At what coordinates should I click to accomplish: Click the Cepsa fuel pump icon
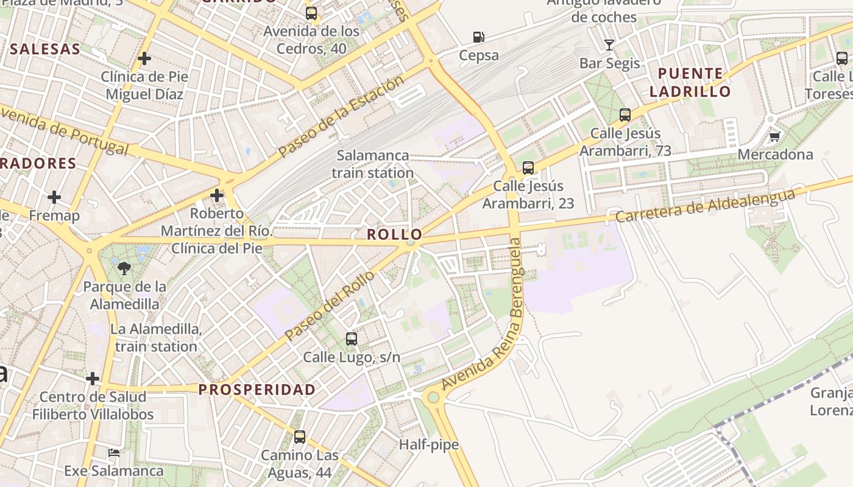pos(479,37)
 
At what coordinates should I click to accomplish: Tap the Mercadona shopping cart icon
pos(774,136)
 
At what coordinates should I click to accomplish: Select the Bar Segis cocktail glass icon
pos(609,44)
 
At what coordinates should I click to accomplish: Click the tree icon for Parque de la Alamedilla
pos(124,268)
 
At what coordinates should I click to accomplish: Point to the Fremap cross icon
pos(54,197)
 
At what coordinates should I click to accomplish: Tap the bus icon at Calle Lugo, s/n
pos(352,339)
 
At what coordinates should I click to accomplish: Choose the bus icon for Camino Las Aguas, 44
pos(300,436)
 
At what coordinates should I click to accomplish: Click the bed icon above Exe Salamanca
pos(114,452)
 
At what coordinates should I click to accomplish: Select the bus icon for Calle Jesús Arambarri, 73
pos(625,114)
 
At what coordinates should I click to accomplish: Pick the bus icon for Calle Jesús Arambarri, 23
pos(528,167)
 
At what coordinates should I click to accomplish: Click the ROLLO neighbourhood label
pos(394,234)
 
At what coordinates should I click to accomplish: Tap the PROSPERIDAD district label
pos(257,390)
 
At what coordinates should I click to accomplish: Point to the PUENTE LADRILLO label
pos(690,83)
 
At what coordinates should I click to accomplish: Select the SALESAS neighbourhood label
pos(45,49)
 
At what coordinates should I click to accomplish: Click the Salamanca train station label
pos(372,164)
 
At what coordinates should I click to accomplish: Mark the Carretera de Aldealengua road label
pos(706,206)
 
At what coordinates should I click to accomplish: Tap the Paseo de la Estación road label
pos(341,117)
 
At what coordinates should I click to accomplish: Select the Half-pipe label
pos(428,445)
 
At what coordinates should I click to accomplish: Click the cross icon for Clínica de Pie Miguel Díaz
pos(144,58)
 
